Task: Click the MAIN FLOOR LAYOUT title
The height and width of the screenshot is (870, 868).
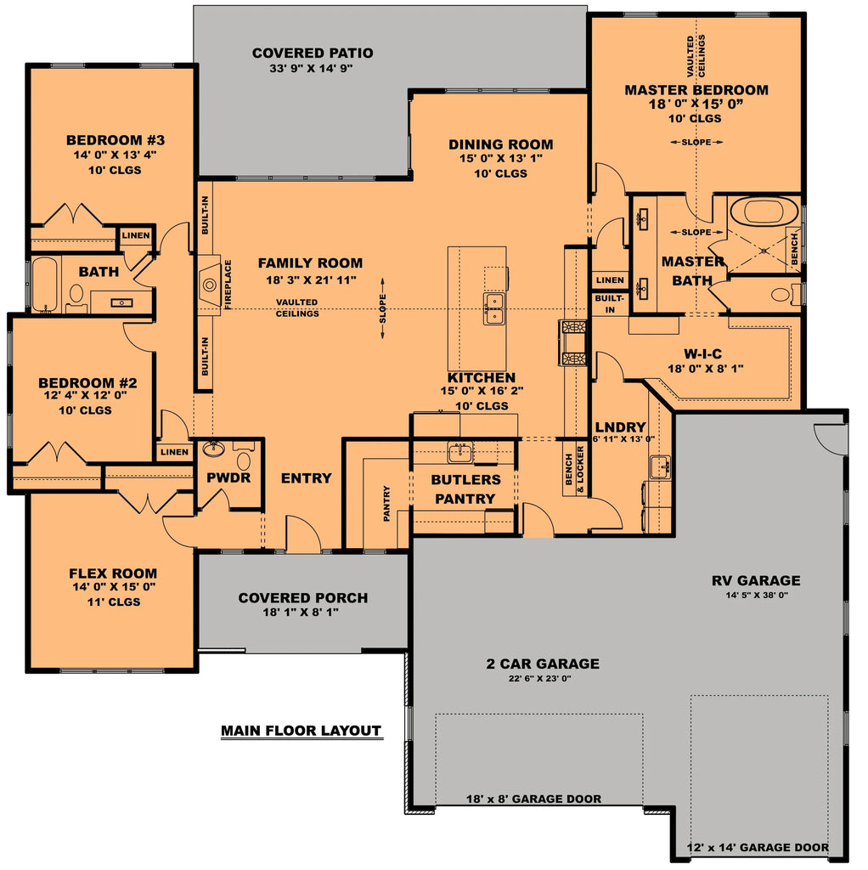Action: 301,731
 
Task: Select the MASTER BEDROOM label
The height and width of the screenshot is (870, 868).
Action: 696,90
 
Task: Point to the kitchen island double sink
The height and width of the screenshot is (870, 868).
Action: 494,308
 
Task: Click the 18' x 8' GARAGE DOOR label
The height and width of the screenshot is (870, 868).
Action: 533,799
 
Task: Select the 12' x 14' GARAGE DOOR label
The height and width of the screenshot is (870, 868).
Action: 758,847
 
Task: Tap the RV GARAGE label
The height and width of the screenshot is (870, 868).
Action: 755,581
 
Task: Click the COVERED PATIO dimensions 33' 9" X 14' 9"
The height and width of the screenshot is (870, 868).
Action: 313,69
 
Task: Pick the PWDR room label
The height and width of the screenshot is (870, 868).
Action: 228,477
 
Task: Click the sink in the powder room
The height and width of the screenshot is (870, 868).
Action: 212,449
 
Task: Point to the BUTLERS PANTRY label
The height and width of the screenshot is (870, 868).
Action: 465,489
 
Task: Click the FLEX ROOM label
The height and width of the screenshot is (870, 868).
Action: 113,573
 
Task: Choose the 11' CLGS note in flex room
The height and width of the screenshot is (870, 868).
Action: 113,602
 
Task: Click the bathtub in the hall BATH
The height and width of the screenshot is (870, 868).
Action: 42,285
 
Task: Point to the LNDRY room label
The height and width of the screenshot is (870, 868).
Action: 621,427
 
